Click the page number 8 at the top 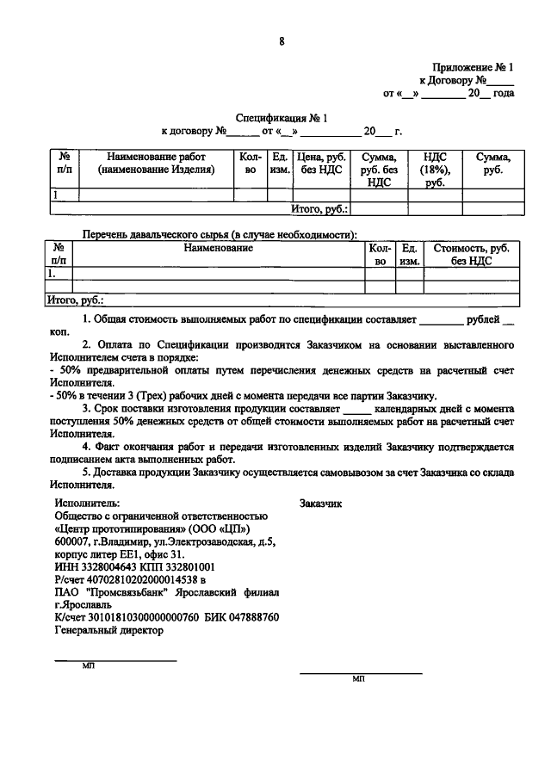282,40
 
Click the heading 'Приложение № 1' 473,66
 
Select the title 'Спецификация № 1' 282,117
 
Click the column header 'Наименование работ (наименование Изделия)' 156,164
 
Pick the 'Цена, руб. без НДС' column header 321,164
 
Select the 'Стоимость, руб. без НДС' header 471,254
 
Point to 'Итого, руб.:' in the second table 74,301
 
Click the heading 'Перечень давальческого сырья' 219,234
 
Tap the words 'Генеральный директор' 108,630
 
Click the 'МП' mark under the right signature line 359,679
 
